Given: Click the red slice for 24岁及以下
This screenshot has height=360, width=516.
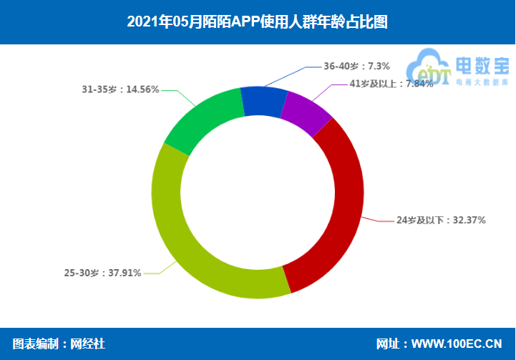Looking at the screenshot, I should pos(336,208).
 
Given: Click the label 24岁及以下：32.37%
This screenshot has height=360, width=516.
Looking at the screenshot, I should pos(441,220).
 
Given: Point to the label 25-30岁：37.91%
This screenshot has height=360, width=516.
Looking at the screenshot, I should pos(102,273).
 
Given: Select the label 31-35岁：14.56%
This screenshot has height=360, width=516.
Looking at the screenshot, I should pos(120,90).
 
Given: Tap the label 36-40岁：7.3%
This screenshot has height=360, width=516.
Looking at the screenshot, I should pos(356,66).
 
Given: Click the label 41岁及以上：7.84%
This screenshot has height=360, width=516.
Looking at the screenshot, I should pos(391,84).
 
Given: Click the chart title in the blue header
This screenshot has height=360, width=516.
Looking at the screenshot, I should pos(257,21).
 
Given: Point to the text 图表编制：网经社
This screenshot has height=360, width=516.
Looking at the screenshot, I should pos(59,344).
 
